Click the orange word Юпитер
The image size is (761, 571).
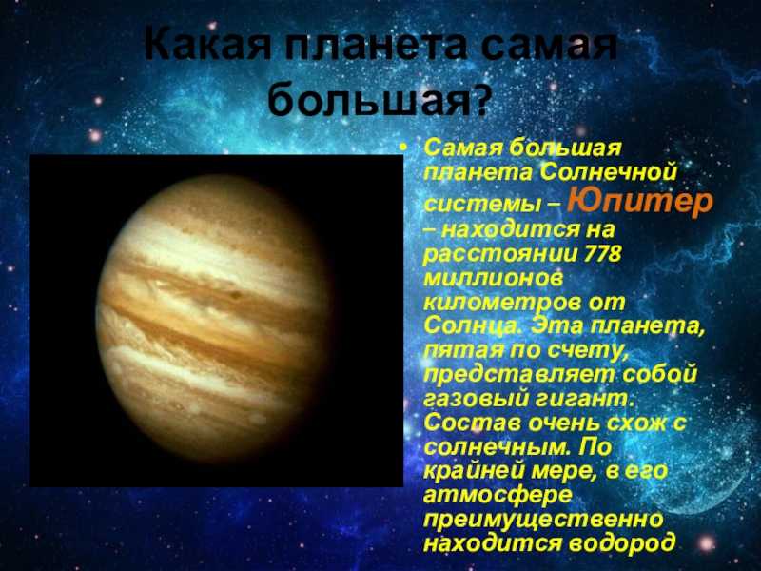click(x=639, y=203)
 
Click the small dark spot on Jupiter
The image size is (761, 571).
click(x=235, y=294)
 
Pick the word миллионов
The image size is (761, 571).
click(x=493, y=278)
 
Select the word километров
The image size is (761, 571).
click(x=501, y=303)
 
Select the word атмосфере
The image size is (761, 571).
click(x=498, y=496)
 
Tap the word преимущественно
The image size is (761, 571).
click(x=543, y=520)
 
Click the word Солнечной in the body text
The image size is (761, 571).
click(x=608, y=171)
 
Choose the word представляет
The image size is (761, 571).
click(x=518, y=374)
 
